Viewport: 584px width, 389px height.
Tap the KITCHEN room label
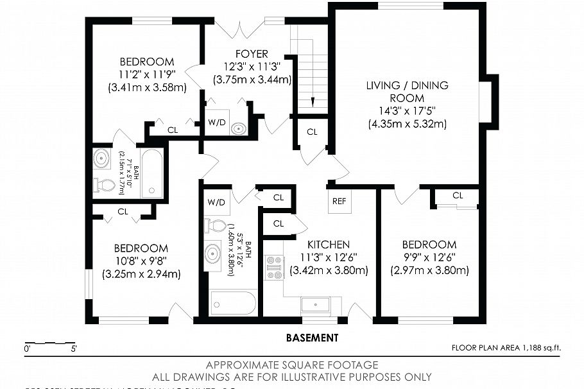click(328, 245)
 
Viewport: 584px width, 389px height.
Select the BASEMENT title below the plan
click(312, 338)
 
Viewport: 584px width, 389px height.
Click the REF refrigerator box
click(339, 201)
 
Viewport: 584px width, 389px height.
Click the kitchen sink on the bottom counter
click(315, 304)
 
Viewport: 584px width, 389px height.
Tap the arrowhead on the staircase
click(312, 102)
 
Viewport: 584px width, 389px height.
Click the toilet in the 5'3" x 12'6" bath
click(212, 226)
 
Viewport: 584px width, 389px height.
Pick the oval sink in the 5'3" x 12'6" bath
click(212, 255)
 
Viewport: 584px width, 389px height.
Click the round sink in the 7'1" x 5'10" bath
click(101, 157)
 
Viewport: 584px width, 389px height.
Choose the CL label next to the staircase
click(312, 132)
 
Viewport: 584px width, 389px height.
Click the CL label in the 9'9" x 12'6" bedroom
click(457, 195)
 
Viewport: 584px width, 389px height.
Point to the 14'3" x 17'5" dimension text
click(407, 111)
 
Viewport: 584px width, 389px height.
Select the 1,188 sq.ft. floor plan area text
click(506, 348)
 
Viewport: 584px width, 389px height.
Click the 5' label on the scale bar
click(74, 350)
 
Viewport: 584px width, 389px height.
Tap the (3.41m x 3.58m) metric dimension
click(147, 87)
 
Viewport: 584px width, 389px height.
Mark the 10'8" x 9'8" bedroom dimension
click(141, 261)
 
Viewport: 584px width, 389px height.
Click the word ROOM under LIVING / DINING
click(407, 98)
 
